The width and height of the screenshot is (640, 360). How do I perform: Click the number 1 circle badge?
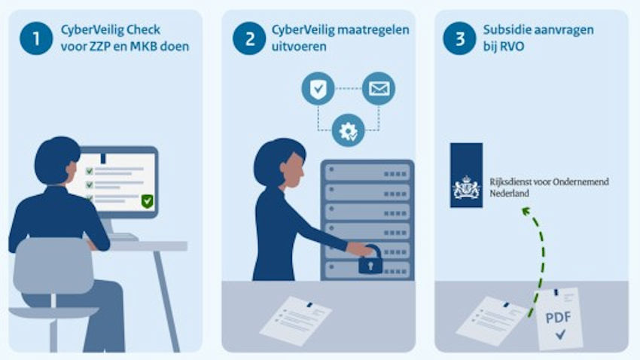(36, 38)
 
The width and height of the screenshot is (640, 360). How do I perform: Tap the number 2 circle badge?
(249, 38)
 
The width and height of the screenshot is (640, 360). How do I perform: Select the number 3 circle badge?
(459, 38)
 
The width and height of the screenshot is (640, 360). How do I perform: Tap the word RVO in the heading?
(514, 47)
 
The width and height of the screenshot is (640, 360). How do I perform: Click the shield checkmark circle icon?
(318, 89)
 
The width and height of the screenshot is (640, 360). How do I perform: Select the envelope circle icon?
(379, 89)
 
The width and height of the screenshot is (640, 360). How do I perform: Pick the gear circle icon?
(348, 130)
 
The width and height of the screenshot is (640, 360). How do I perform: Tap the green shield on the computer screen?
(147, 201)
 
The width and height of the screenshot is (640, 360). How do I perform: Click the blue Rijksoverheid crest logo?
(466, 175)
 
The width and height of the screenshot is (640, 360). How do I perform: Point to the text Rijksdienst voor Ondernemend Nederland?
(549, 188)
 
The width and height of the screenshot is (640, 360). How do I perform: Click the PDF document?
(559, 319)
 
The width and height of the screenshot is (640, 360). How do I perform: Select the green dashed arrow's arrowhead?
(526, 211)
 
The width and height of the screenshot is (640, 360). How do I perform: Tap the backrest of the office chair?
(53, 266)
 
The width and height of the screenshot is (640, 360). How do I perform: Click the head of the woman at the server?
(280, 163)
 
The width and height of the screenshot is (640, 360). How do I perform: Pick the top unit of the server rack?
(367, 172)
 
